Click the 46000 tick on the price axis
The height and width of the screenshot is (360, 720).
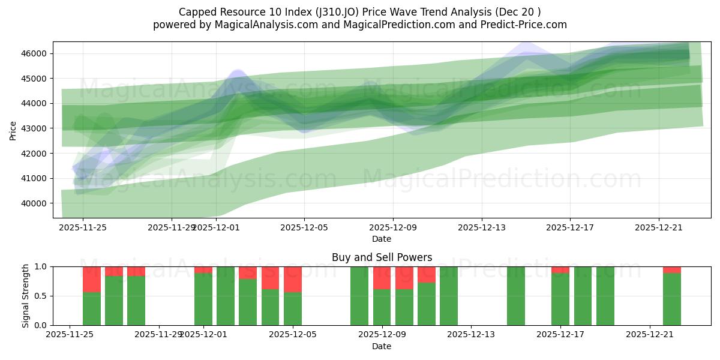coord(34,54)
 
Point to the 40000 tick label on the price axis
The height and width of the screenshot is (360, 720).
coord(34,203)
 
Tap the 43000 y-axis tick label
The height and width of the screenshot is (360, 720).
coord(34,128)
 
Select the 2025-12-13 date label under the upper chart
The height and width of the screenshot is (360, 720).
coord(482,227)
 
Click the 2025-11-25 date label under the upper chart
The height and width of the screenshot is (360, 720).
coord(83,227)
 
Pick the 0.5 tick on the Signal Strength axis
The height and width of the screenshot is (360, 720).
coord(41,296)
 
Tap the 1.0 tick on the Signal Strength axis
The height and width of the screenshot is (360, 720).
coord(41,266)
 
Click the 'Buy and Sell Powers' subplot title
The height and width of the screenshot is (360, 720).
coord(382,257)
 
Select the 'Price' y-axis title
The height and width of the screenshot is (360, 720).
coord(13,130)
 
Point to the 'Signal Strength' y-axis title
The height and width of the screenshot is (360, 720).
coord(25,296)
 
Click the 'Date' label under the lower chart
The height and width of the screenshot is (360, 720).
coord(382,346)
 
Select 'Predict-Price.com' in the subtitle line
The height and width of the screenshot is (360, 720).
coord(526,25)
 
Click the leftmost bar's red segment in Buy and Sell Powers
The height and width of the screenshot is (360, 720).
coord(92,279)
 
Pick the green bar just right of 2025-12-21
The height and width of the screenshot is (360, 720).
coord(672,299)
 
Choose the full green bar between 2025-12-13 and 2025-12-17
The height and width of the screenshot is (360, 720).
coord(516,296)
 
